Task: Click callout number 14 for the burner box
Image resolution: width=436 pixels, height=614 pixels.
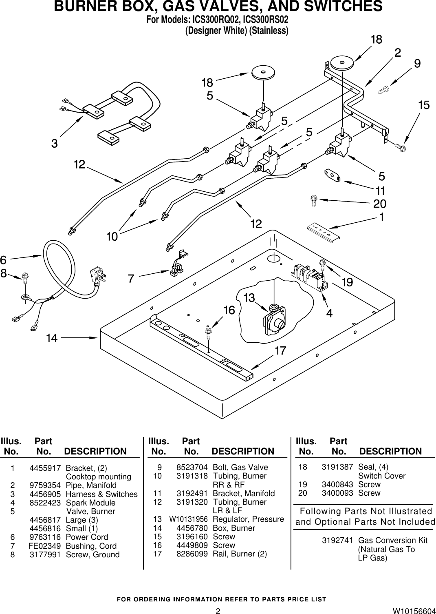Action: (52, 338)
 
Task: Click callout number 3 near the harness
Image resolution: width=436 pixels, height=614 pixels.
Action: (54, 144)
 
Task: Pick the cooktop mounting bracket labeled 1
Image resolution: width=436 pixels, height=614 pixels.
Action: (324, 233)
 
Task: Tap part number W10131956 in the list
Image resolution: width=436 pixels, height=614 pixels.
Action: (188, 519)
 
